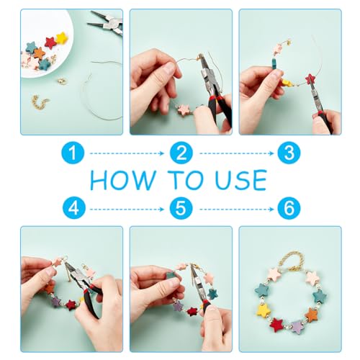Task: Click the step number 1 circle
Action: [73, 153]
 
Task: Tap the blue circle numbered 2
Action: [181, 153]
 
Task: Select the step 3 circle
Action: [289, 153]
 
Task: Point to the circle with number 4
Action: [74, 208]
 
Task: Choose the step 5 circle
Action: [181, 208]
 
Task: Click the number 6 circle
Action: [289, 208]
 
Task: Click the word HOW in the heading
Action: [123, 180]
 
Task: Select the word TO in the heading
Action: [185, 180]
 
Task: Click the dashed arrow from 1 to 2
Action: [127, 153]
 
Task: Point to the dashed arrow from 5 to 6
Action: [236, 210]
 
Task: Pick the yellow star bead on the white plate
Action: [61, 38]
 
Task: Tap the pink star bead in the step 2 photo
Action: [184, 110]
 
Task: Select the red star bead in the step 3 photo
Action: [310, 78]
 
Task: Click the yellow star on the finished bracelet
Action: [263, 310]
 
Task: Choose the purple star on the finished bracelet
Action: [297, 327]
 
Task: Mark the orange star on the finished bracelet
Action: [312, 314]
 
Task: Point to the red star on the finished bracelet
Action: [276, 325]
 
